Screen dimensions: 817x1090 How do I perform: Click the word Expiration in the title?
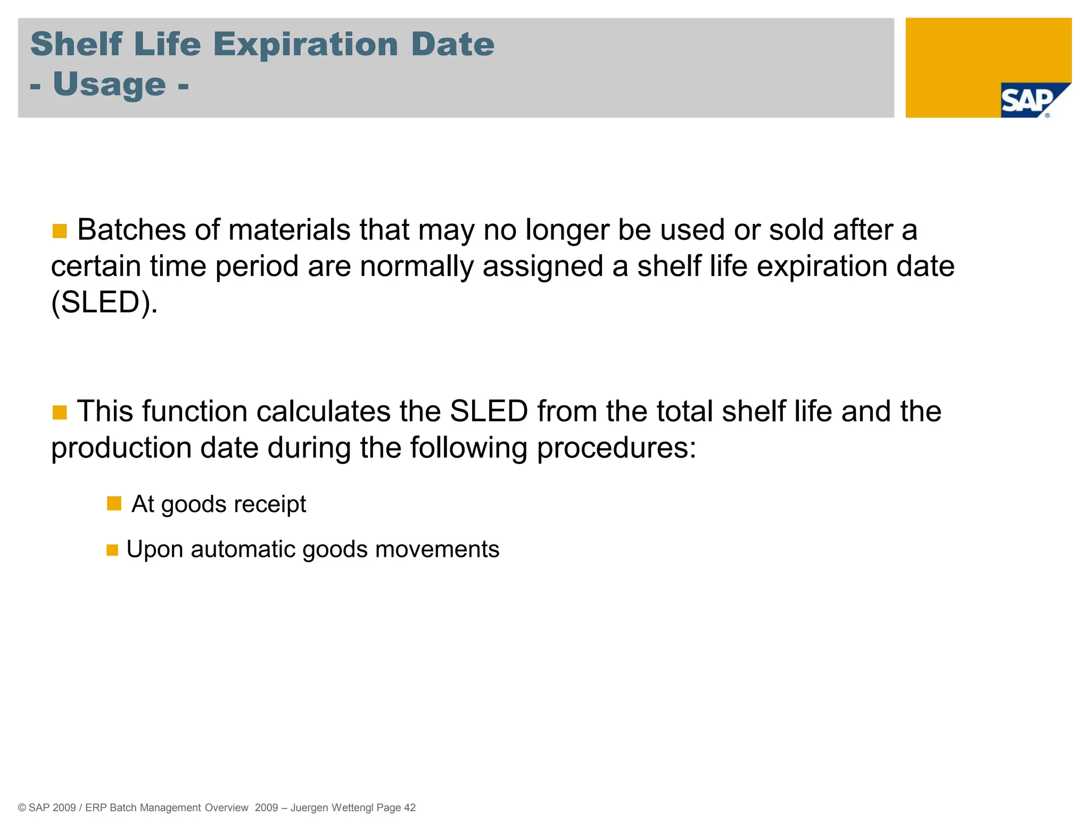pos(305,45)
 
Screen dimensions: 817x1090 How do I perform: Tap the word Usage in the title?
pos(109,85)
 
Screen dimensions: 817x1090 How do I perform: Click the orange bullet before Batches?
pos(60,231)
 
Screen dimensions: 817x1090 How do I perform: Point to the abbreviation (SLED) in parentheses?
pos(104,303)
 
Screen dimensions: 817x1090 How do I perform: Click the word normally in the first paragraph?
pos(416,266)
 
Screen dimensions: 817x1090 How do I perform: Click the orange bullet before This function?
pos(60,412)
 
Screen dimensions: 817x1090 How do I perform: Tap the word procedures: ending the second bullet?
pos(616,448)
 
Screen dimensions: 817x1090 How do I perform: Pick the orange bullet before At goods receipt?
pos(114,503)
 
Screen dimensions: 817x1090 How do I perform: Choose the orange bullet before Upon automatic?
pos(112,550)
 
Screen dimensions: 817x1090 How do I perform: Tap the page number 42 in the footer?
pos(410,807)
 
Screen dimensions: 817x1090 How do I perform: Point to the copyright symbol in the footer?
pos(22,807)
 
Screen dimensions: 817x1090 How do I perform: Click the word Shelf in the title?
pos(77,45)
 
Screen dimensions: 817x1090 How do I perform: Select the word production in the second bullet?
pos(121,448)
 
